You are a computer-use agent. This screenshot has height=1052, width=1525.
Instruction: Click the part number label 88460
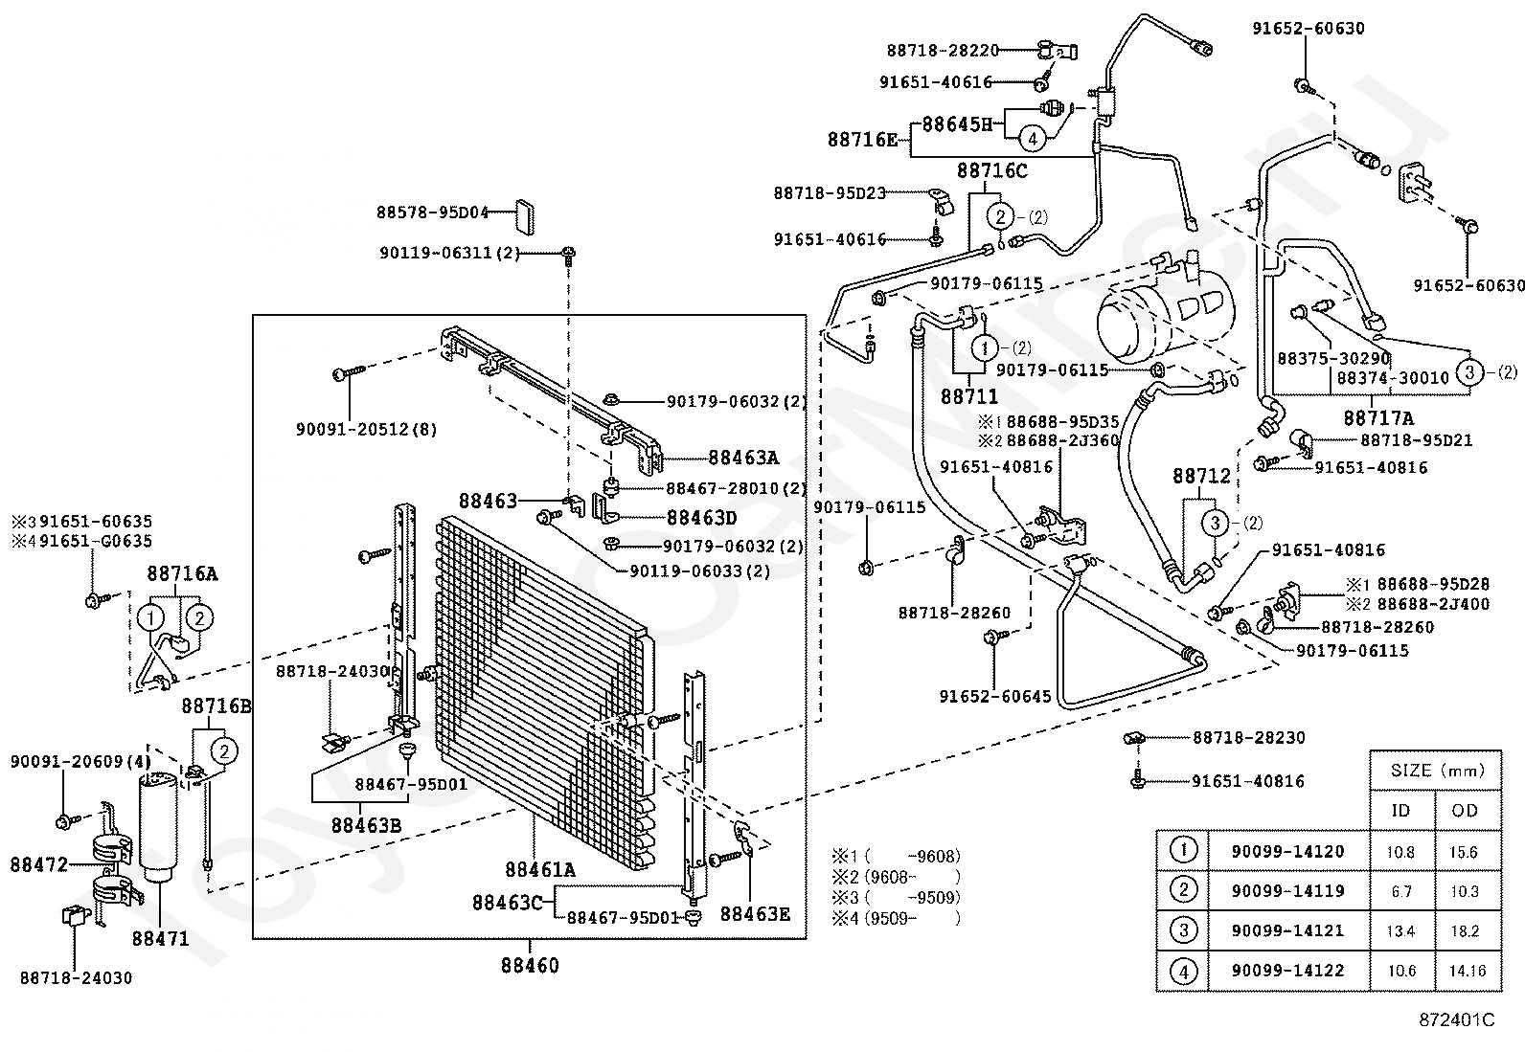(x=530, y=966)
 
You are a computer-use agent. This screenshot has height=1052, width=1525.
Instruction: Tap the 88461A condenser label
(x=540, y=869)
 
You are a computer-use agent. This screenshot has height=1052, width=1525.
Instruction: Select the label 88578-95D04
(x=433, y=213)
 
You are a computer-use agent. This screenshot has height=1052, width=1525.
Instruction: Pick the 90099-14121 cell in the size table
(x=1288, y=930)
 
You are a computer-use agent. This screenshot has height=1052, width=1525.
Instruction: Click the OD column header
(x=1465, y=811)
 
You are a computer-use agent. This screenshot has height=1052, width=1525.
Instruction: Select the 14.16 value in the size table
(x=1468, y=971)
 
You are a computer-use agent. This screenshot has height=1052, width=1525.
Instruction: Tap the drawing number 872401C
(x=1457, y=1019)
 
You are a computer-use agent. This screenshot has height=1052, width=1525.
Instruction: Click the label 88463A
(x=743, y=458)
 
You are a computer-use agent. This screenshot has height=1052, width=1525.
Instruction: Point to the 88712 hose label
(x=1201, y=477)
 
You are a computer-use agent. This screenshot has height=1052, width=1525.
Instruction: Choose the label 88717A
(x=1378, y=417)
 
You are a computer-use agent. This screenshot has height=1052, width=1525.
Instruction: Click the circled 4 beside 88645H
(x=1033, y=139)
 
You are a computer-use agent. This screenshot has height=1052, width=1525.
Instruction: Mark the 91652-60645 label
(x=995, y=696)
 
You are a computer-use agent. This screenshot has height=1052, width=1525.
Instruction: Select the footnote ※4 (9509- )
(x=896, y=919)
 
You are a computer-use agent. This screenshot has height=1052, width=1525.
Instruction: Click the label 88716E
(x=863, y=140)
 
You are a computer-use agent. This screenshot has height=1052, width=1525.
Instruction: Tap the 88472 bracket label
(x=39, y=865)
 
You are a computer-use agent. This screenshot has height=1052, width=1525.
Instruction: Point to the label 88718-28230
(x=1248, y=738)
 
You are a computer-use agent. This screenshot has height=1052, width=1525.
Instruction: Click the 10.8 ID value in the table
(x=1400, y=851)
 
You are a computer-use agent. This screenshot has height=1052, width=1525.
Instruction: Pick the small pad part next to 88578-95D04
(x=524, y=215)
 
